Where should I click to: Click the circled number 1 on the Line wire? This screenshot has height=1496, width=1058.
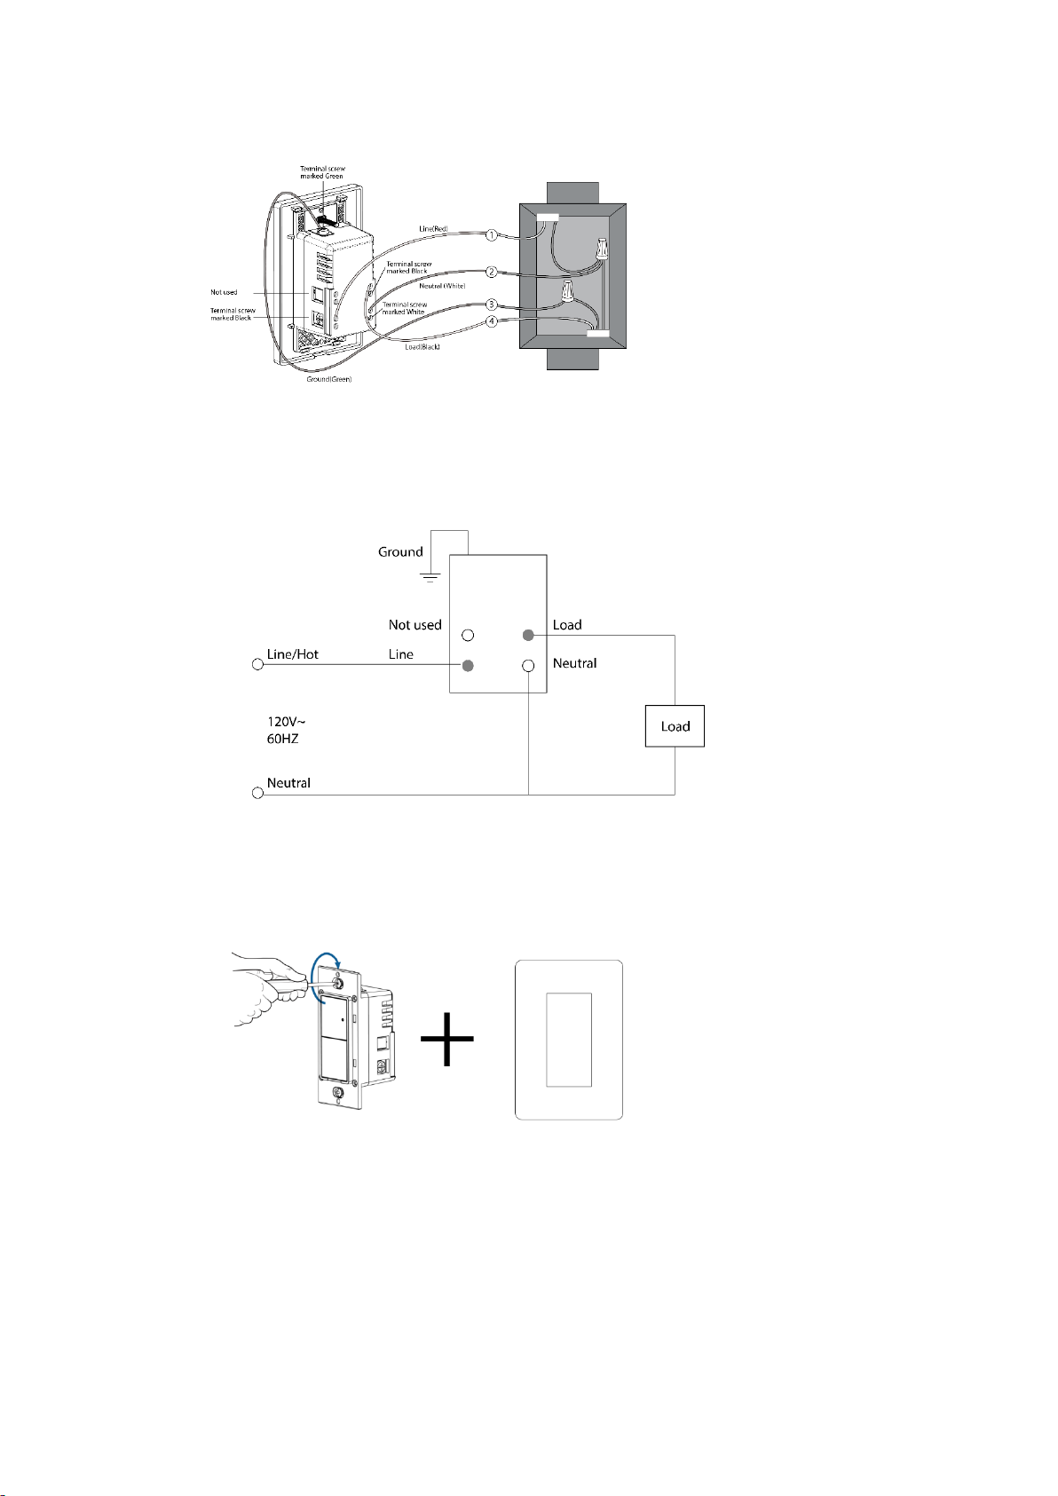[491, 236]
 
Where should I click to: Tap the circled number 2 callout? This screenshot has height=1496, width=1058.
[491, 273]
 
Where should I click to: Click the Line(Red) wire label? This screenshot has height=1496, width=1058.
[433, 229]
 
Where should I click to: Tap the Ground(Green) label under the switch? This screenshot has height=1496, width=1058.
[329, 379]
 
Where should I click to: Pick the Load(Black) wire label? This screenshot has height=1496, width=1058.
[422, 346]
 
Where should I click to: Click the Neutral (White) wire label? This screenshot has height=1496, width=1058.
[442, 286]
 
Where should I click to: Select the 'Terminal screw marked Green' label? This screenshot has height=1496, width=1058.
[322, 172]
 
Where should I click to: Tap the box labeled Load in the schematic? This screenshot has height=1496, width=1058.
[675, 726]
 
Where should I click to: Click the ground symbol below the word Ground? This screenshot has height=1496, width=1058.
[430, 577]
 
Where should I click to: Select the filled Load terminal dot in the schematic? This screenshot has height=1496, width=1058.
[528, 636]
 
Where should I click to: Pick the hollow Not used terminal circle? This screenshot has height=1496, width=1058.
[468, 636]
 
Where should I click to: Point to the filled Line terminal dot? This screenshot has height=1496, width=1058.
[468, 665]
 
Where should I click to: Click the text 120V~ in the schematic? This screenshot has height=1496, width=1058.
[286, 722]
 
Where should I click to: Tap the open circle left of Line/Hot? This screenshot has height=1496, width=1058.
[257, 665]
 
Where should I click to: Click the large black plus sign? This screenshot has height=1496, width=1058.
[446, 1038]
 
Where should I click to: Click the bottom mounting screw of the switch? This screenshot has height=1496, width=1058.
[338, 1093]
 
